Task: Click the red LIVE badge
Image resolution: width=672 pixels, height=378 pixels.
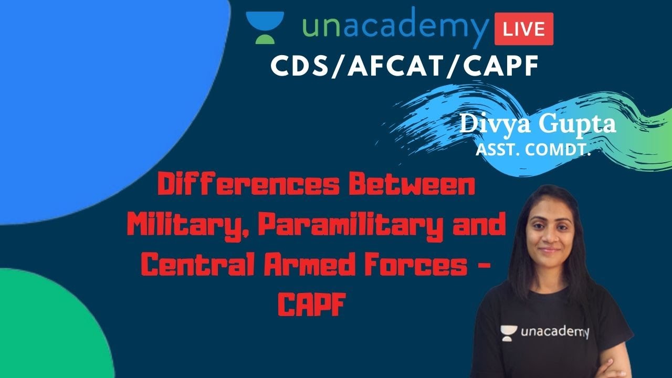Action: coord(523,28)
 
